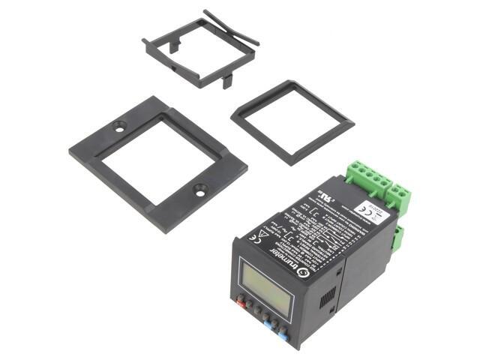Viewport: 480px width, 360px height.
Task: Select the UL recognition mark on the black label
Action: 325,197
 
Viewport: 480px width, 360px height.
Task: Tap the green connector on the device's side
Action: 397,238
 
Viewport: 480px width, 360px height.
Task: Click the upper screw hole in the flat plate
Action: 119,128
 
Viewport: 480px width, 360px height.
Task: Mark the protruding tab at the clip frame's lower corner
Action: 226,82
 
